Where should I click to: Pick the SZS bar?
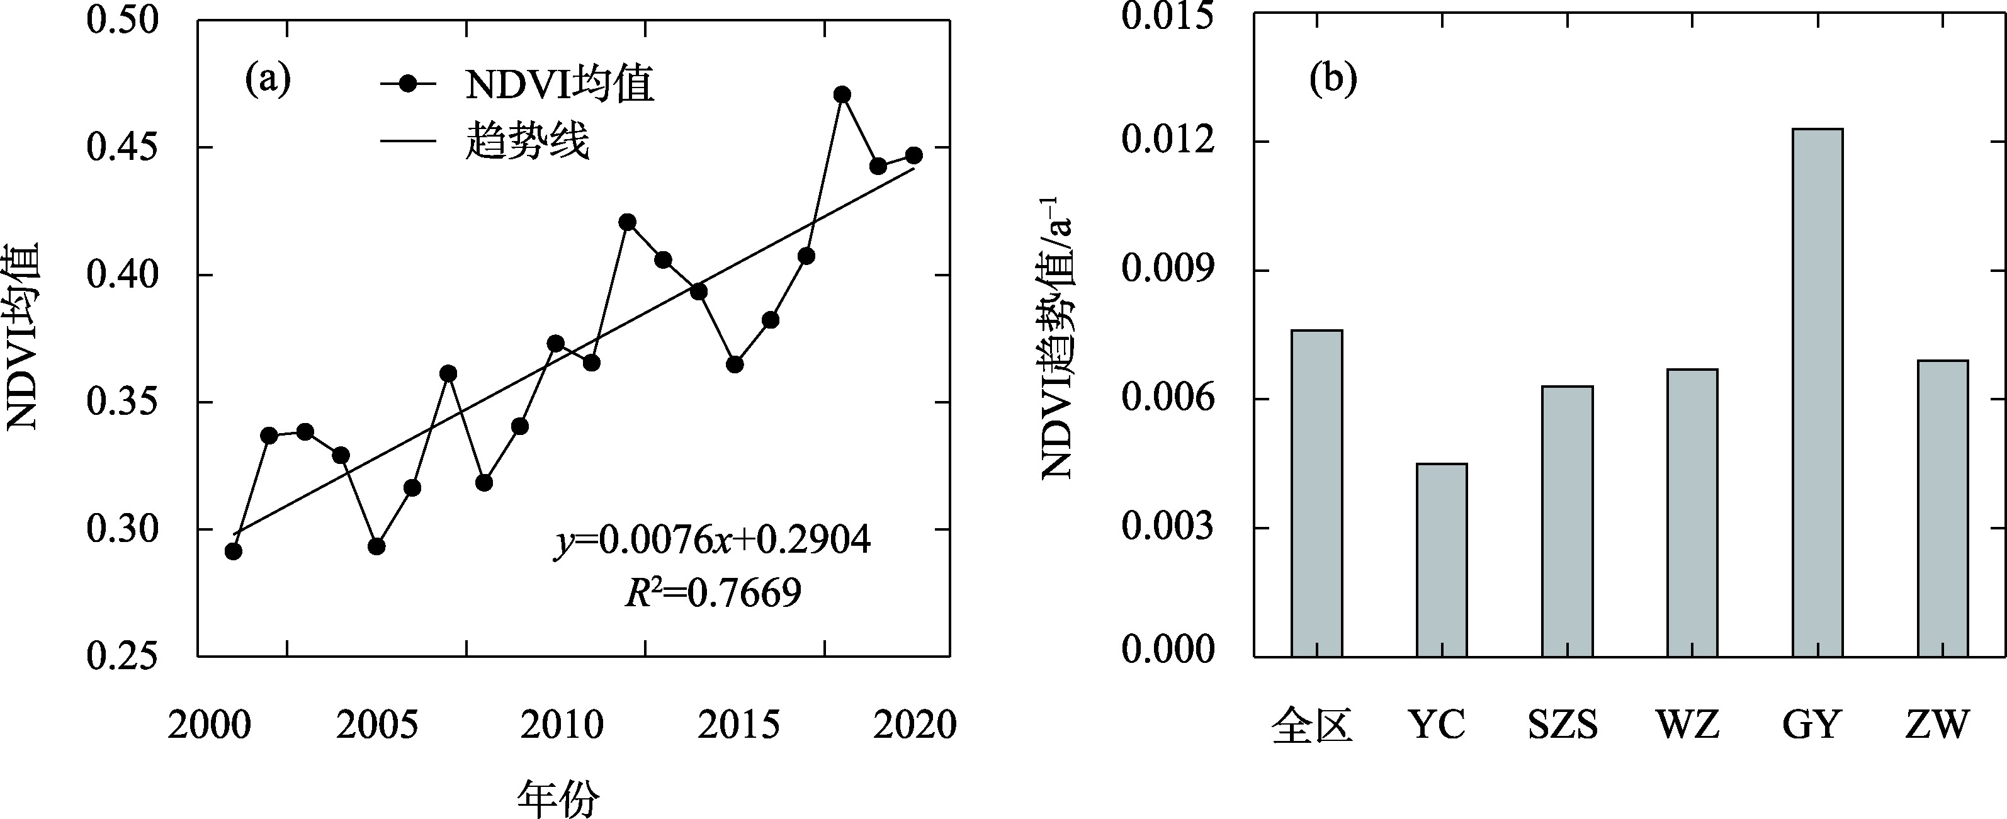(x=1568, y=521)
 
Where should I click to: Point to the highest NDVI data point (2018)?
(x=842, y=95)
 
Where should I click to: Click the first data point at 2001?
(x=233, y=551)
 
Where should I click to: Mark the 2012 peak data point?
(x=627, y=222)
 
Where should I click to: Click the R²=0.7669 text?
(x=712, y=593)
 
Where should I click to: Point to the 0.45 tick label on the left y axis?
(x=122, y=147)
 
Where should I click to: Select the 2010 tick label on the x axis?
(x=562, y=725)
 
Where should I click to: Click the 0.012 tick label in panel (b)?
(x=1167, y=142)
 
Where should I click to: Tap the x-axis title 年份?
(x=558, y=799)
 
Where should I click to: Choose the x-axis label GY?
(x=1811, y=725)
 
